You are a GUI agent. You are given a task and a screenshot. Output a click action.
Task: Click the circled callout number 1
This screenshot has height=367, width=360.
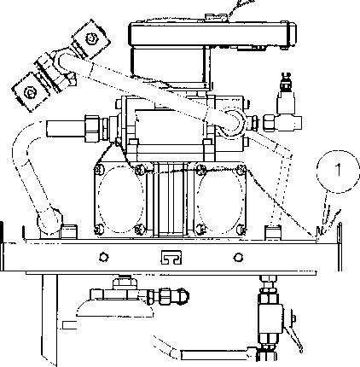[338, 172]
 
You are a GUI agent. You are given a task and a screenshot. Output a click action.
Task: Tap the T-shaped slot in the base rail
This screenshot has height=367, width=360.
[171, 257]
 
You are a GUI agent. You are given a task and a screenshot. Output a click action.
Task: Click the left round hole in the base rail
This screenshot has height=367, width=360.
[104, 257]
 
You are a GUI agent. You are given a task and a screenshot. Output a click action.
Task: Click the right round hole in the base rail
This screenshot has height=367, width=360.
[238, 258]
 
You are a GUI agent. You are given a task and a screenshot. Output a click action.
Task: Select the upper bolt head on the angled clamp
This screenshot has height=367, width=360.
[91, 38]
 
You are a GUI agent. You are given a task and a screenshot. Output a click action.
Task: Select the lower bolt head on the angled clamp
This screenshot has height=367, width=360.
[30, 92]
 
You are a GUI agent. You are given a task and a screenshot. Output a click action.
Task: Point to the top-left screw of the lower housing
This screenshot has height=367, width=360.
[99, 170]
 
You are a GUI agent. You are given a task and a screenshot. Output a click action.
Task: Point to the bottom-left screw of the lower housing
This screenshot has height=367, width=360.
[98, 229]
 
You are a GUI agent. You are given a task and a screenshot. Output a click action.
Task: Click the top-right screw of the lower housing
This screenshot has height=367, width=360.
[241, 169]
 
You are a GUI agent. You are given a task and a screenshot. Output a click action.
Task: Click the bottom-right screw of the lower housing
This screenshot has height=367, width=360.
[241, 228]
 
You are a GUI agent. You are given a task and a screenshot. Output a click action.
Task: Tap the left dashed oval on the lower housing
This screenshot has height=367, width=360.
[120, 199]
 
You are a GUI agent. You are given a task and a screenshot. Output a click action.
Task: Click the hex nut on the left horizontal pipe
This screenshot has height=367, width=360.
[92, 128]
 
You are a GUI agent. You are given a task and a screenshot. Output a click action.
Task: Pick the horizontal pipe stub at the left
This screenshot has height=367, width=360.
[65, 129]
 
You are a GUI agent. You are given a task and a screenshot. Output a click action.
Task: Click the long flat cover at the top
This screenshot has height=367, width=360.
[212, 33]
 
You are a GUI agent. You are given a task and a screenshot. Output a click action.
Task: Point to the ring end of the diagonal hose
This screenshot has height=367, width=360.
[234, 121]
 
